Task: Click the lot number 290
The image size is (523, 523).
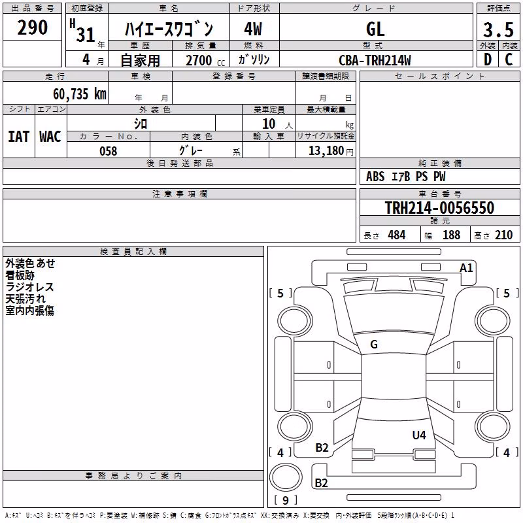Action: click(x=32, y=27)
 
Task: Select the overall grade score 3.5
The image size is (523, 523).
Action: click(x=498, y=29)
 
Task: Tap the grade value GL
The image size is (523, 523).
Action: click(x=375, y=29)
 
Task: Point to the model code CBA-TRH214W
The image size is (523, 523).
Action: click(x=375, y=60)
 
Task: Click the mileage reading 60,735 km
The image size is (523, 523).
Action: click(x=80, y=94)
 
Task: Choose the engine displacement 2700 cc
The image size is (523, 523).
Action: click(x=205, y=60)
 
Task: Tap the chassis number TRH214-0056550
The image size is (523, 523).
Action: click(x=439, y=208)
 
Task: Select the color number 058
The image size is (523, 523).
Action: click(x=109, y=151)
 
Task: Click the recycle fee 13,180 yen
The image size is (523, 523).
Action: click(x=331, y=151)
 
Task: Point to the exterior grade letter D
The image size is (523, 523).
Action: click(x=488, y=59)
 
